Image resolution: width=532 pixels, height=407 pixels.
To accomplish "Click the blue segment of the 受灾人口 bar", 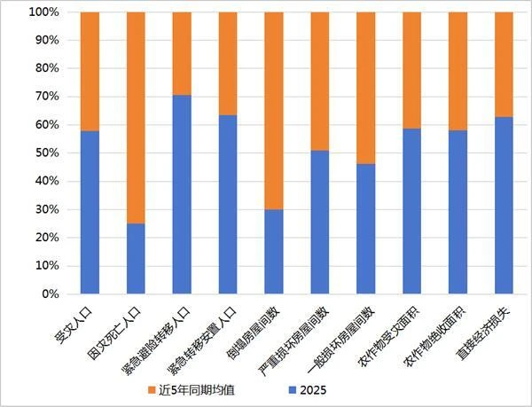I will point(90,212).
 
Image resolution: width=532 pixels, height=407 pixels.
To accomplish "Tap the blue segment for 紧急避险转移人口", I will point(182,194).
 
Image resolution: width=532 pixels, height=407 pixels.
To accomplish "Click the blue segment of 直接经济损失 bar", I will point(503,205).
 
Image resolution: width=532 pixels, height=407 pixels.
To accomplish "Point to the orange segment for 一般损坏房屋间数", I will point(365,88).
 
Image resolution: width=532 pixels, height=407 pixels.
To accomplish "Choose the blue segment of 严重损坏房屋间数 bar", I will point(319,222).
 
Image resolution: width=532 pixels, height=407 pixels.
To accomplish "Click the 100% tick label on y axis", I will point(43,12).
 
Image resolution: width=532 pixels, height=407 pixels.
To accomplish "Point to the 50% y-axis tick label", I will point(46,153).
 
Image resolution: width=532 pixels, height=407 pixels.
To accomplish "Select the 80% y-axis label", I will point(46,68).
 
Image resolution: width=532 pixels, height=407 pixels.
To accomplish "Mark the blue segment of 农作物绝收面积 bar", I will point(457,212).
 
